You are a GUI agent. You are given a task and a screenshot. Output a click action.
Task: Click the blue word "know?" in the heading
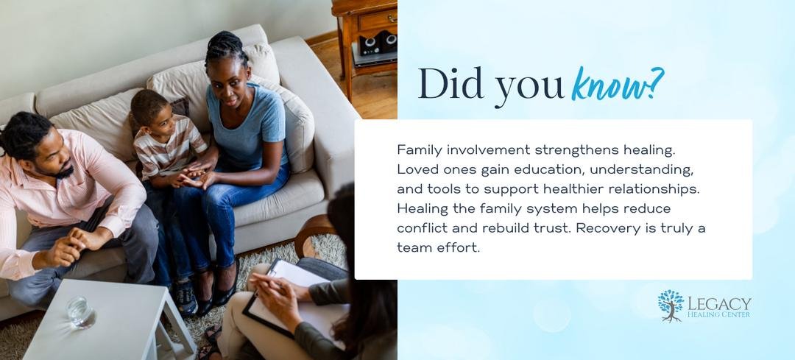point(617,84)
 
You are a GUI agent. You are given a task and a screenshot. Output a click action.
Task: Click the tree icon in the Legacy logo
point(671,306)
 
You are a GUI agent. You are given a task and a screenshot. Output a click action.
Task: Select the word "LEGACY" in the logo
point(719,304)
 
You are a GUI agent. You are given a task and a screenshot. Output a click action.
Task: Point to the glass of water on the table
point(80,311)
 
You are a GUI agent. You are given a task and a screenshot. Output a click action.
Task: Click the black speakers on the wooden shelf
point(379,43)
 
